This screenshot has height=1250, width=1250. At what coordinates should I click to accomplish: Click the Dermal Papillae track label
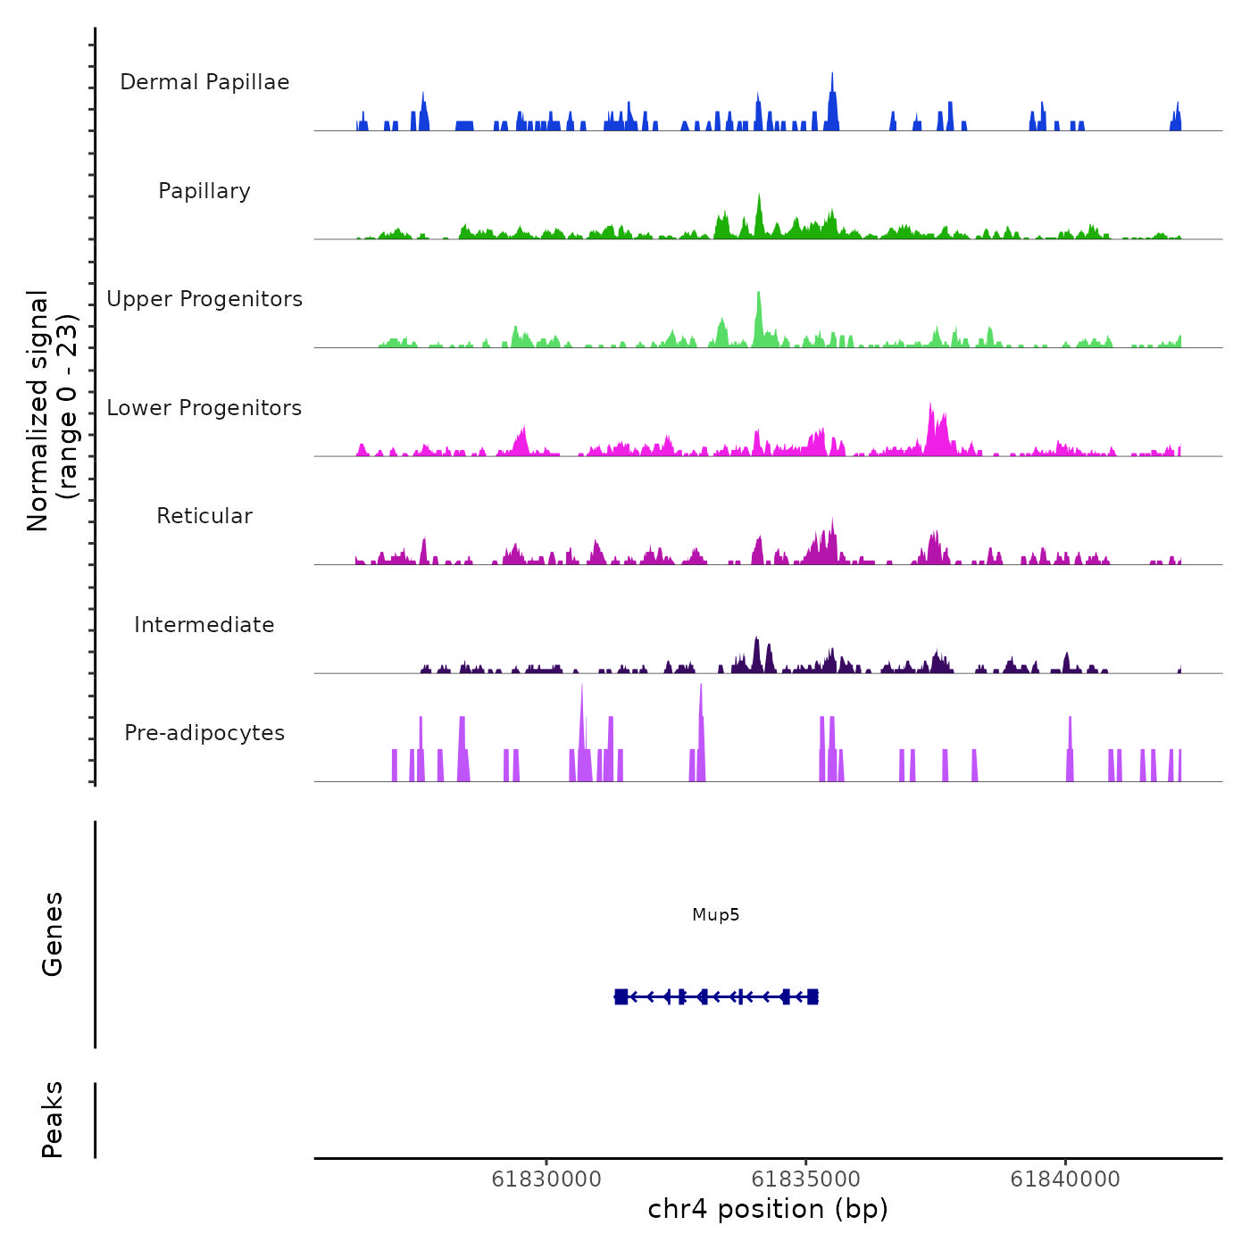point(204,82)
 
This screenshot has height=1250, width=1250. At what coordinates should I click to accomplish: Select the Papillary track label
point(204,191)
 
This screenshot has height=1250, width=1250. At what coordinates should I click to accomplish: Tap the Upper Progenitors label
point(204,299)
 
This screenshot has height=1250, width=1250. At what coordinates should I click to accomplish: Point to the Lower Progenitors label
point(204,408)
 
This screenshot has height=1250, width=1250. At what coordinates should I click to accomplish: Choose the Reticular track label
point(204,516)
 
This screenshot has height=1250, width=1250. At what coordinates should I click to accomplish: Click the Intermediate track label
point(204,625)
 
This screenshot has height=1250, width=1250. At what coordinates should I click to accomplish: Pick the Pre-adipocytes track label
point(204,733)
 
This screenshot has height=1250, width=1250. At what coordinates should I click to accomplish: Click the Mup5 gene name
point(715,915)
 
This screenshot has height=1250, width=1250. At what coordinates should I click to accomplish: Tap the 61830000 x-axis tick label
point(546,1179)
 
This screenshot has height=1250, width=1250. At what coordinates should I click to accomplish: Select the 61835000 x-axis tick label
point(806,1179)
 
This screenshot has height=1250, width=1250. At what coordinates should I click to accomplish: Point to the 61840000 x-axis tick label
point(1065,1179)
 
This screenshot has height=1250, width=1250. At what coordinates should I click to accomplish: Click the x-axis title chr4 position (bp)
point(768,1210)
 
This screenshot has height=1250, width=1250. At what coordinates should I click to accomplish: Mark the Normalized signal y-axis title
point(52,410)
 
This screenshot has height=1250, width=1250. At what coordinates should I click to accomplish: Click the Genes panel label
point(53,934)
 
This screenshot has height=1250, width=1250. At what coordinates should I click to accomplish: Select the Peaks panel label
point(53,1120)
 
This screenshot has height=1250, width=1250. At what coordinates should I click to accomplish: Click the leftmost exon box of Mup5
point(621,996)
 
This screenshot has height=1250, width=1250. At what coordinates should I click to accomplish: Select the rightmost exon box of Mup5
point(812,996)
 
